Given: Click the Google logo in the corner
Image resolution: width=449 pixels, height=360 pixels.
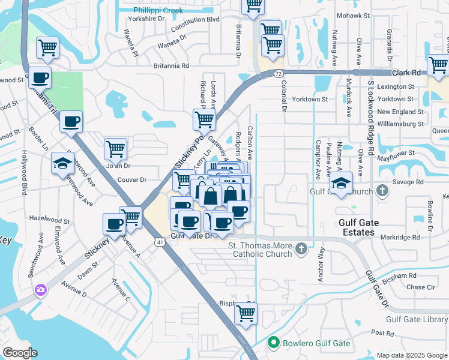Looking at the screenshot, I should (x=20, y=353).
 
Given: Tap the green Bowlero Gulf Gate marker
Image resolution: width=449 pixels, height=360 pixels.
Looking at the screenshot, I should (x=274, y=343).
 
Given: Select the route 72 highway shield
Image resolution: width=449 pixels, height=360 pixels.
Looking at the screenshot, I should (x=279, y=73).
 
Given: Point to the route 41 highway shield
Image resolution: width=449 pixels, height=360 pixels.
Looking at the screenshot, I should (x=158, y=242).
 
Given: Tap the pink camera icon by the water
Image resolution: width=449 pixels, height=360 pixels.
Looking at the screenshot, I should (x=41, y=290).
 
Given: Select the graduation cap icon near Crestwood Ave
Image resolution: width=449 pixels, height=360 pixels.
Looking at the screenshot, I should (x=62, y=163).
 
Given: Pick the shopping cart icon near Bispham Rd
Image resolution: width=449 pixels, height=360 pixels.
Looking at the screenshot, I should (x=246, y=313).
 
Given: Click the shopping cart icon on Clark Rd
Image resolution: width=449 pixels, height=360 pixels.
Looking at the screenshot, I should (x=438, y=64).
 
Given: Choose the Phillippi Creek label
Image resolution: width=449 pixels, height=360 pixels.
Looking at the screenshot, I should (x=157, y=10).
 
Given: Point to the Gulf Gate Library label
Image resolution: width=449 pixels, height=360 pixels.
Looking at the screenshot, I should (x=417, y=319).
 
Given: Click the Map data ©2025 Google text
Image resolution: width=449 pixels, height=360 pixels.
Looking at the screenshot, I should (x=411, y=355).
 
